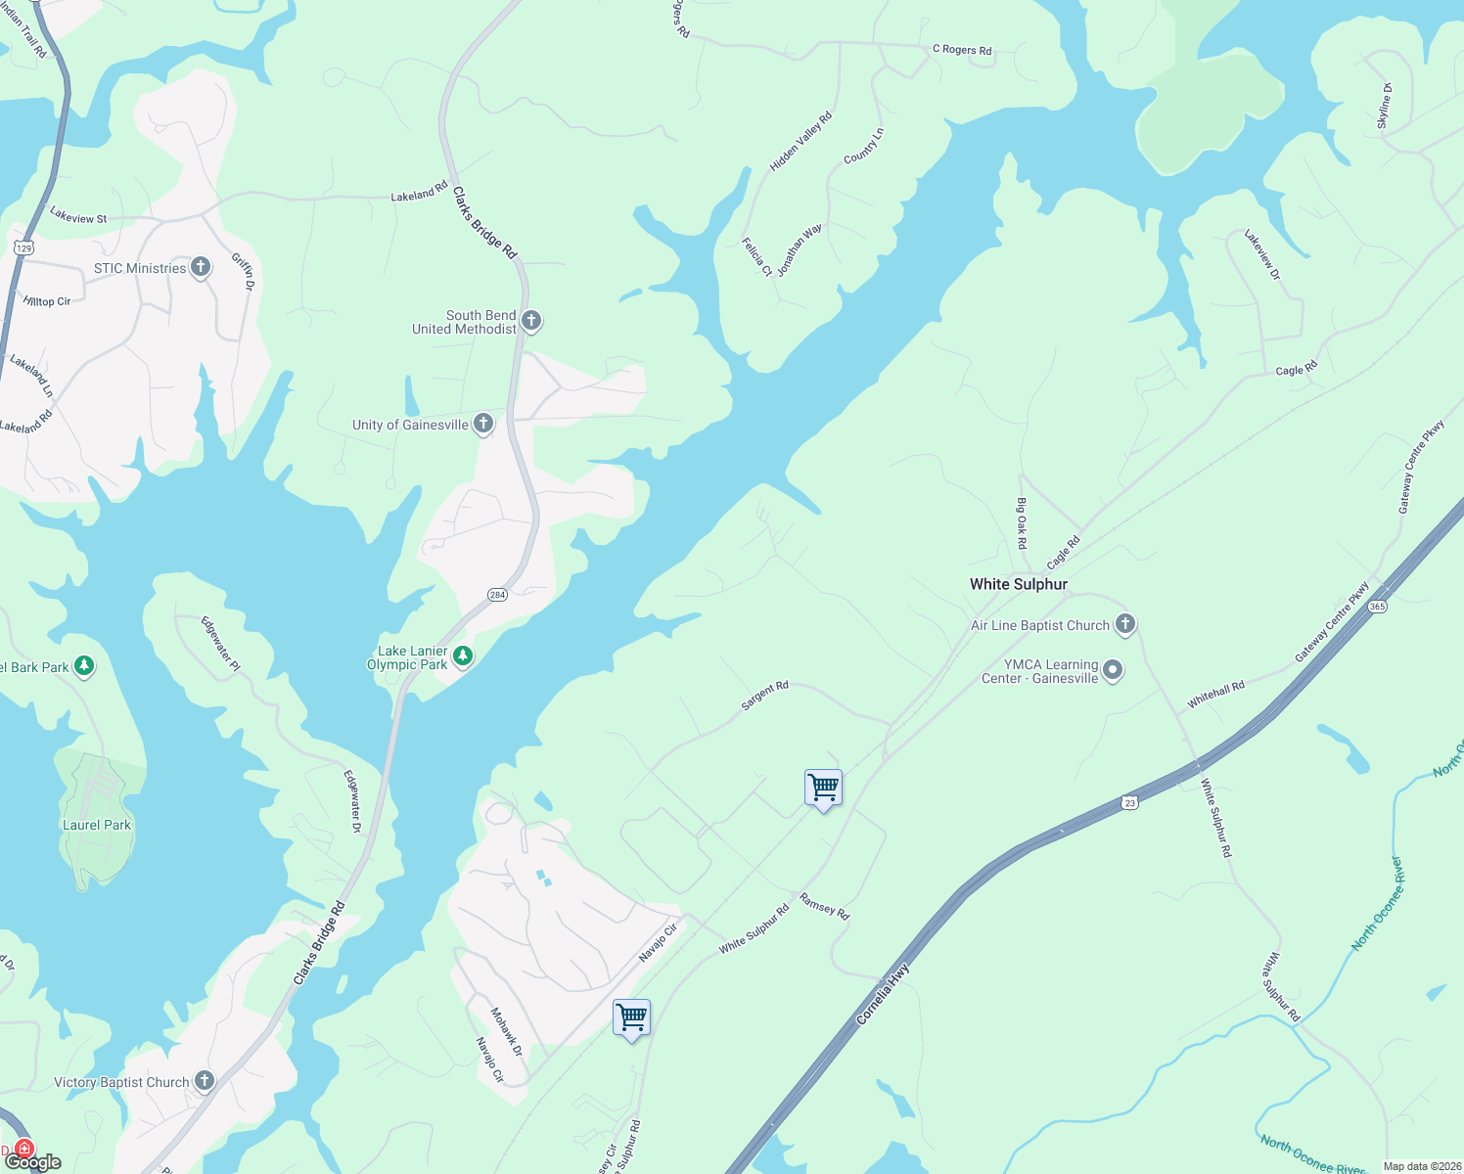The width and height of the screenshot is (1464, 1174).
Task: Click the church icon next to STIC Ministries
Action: (201, 267)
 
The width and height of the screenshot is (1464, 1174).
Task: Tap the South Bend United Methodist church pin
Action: (531, 321)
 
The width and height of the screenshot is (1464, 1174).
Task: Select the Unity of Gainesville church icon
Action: (483, 424)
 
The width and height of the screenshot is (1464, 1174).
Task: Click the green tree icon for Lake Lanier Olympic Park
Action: (463, 656)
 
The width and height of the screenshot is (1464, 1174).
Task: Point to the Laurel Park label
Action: (97, 825)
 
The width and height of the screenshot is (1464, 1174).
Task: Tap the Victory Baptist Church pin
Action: (204, 1081)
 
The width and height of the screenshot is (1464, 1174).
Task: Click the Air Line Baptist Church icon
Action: (1125, 624)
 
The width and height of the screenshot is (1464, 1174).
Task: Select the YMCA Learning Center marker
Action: (1113, 670)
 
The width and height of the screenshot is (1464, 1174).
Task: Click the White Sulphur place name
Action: (1018, 584)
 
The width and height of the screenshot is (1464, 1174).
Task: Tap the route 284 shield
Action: (497, 595)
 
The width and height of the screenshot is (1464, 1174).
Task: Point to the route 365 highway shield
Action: (1378, 607)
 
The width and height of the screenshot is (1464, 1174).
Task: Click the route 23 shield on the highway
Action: (1129, 803)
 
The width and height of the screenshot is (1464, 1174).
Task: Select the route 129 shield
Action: (24, 248)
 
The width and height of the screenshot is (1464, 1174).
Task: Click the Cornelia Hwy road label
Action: (883, 994)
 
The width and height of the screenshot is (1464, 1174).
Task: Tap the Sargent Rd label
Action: (764, 696)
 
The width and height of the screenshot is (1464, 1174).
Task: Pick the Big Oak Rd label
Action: (1022, 522)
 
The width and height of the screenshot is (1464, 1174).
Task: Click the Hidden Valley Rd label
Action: (801, 142)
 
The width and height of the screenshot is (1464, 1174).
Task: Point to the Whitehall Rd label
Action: (1215, 695)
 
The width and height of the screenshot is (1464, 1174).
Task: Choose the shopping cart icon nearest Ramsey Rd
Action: (823, 788)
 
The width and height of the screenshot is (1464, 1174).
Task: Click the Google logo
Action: (33, 1162)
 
